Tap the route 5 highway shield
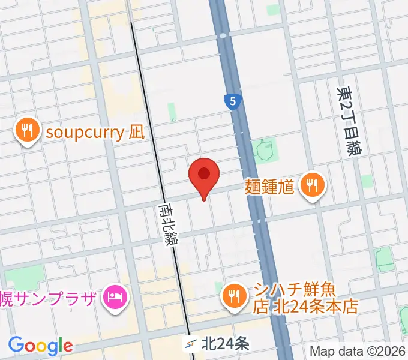(232, 101)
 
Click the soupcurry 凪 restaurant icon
(27, 130)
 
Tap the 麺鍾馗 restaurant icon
(311, 185)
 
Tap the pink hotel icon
(114, 296)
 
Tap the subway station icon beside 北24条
(191, 344)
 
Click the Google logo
(40, 345)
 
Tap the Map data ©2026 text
(358, 350)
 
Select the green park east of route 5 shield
(263, 151)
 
